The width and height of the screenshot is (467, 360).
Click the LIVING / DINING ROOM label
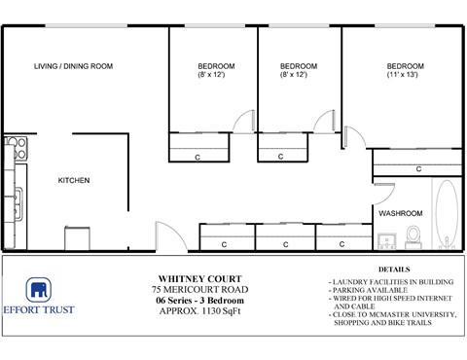[x=73, y=66]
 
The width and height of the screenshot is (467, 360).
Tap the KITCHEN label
[x=74, y=180]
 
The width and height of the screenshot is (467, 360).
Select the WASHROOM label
[x=400, y=213]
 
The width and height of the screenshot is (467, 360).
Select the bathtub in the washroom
[x=447, y=214]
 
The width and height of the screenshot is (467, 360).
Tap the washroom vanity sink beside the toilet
[x=387, y=238]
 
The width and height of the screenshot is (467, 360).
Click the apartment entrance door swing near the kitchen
[x=162, y=235]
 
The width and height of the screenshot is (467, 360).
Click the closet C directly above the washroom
[x=418, y=168]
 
